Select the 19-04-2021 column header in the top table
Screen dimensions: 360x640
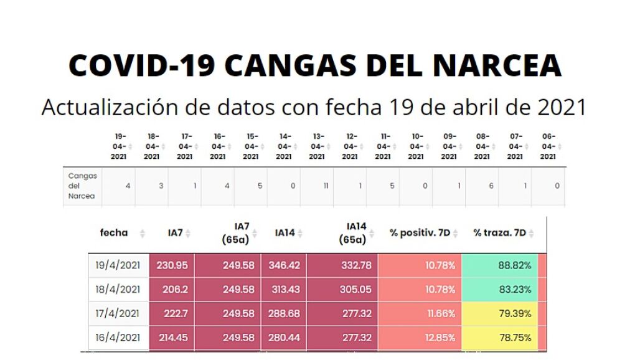point(119,146)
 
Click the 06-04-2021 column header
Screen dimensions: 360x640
point(548,146)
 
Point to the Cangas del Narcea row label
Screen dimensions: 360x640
point(83,186)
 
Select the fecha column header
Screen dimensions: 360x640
point(114,233)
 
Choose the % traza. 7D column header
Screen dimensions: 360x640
point(499,233)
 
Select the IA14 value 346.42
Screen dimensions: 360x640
point(284,265)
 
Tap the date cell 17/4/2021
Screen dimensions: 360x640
point(118,313)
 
